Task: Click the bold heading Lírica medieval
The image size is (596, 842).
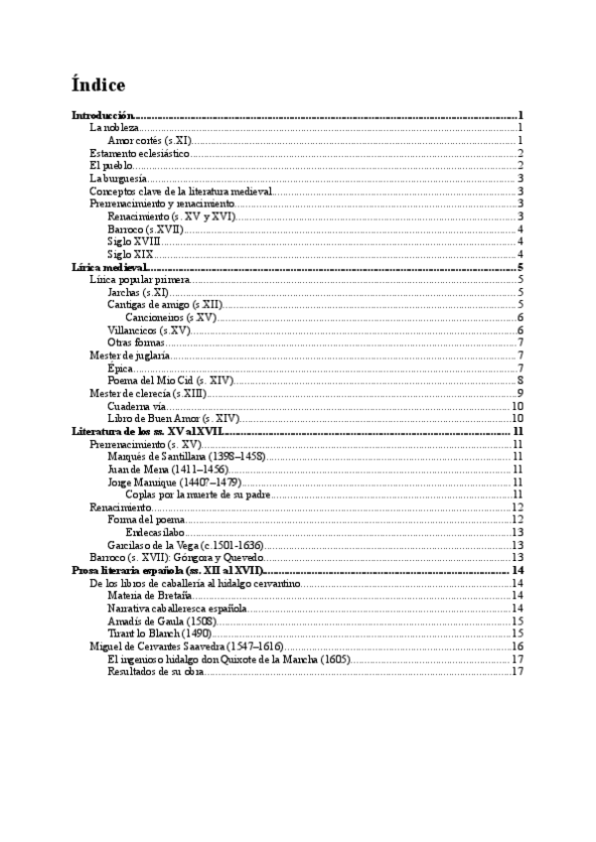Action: point(110,267)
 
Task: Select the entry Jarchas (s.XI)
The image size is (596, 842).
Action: point(138,292)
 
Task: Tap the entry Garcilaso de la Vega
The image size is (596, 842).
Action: point(184,545)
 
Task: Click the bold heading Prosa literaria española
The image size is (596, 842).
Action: point(165,570)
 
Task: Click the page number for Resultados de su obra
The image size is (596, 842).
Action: point(517,671)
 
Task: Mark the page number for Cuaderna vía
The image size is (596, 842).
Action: point(517,406)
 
